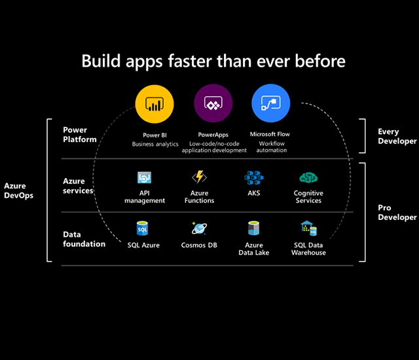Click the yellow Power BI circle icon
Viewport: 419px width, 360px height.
[x=155, y=105]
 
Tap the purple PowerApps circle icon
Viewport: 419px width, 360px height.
[x=213, y=105]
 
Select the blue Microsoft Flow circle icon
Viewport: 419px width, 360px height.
[x=270, y=105]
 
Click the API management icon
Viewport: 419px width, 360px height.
[x=145, y=178]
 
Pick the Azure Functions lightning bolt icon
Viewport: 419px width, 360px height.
[x=199, y=177]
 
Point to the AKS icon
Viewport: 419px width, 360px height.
[x=253, y=177]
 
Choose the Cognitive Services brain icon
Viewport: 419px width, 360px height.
[x=308, y=177]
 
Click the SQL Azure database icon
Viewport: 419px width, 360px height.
[x=143, y=228]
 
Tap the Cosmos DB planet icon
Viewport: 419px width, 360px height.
[x=199, y=228]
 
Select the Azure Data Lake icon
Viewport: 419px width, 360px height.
[x=254, y=228]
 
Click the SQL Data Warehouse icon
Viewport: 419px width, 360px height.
[x=308, y=228]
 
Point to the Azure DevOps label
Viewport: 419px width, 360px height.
[x=18, y=190]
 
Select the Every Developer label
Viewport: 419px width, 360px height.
[x=397, y=136]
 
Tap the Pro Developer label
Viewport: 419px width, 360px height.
[x=397, y=212]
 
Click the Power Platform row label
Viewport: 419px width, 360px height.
[x=80, y=135]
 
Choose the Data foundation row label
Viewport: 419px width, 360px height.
[x=84, y=239]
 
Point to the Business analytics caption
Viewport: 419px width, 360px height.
[x=155, y=144]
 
